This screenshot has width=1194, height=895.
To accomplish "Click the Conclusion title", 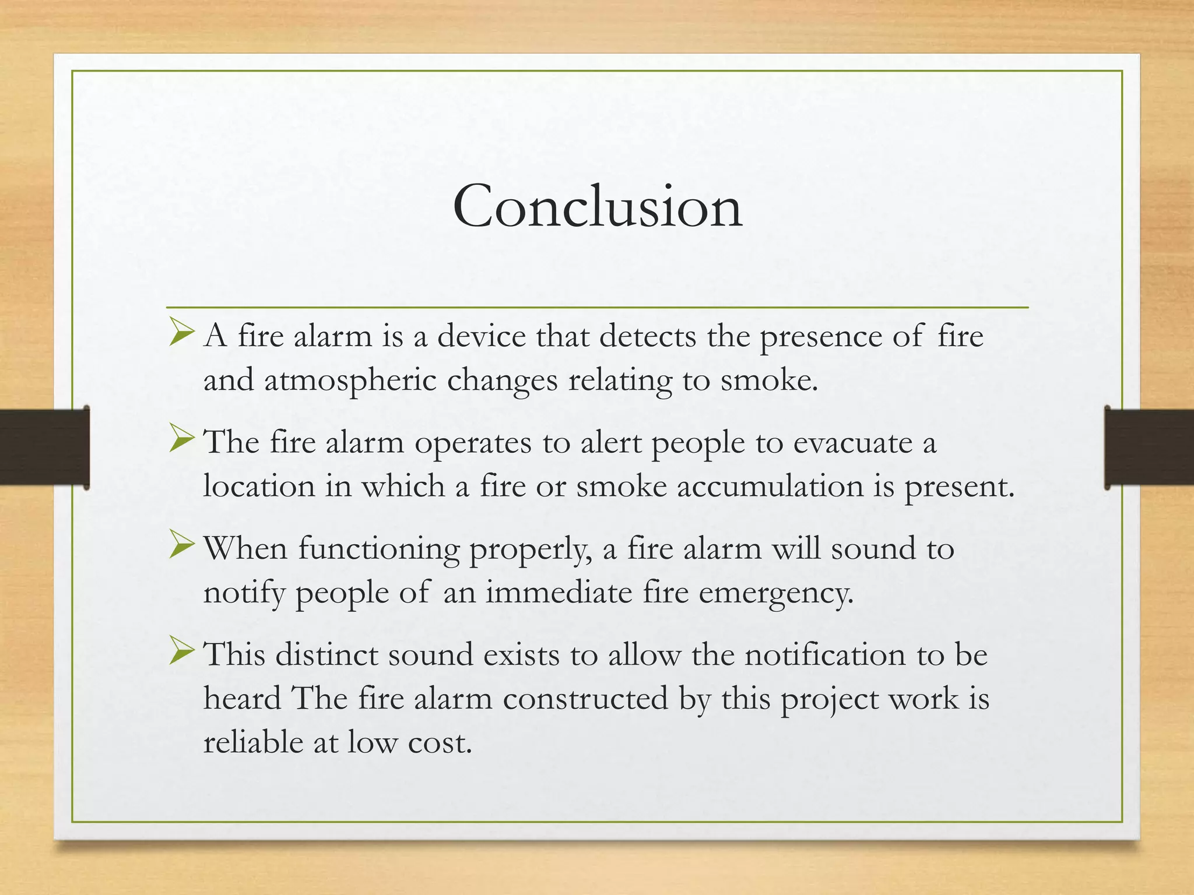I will coord(597,206).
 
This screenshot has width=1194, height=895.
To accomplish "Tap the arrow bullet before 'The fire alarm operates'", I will coord(181,442).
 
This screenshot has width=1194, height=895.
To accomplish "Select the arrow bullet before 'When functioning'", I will coord(181,548).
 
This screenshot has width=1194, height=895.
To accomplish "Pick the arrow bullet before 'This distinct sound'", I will coord(181,654).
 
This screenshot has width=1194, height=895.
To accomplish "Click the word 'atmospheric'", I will coord(350,381).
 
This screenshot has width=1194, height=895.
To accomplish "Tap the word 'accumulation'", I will coord(770,486).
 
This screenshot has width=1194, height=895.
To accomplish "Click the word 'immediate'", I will coord(559,593).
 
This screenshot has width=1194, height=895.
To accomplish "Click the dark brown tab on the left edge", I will coord(44,447).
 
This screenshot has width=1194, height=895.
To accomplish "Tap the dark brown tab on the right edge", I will coord(1149,447).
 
